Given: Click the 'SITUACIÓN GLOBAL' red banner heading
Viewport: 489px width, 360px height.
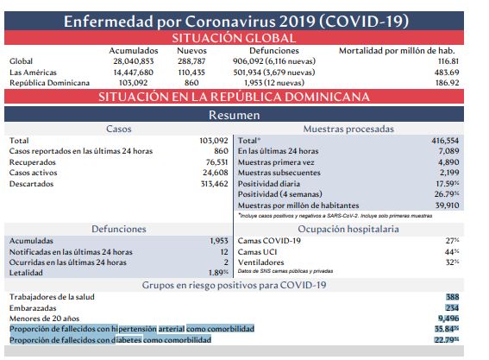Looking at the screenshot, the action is point(234,38).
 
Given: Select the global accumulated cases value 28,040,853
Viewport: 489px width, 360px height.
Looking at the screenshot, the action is point(134,61).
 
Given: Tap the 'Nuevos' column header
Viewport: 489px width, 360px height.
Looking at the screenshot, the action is point(191,51).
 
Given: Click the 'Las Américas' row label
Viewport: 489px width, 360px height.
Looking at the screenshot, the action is point(33,73).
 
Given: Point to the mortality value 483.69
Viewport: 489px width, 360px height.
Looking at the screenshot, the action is point(447,73).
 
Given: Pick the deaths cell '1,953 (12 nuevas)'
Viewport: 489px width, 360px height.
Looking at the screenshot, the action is point(274,83).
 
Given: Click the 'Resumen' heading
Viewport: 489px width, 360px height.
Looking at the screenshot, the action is point(235,115).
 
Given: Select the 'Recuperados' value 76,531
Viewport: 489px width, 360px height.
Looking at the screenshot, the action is point(216,162).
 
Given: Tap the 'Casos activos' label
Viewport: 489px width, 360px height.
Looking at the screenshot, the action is point(33,173).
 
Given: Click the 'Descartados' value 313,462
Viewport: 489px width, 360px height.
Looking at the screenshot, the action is point(215,184).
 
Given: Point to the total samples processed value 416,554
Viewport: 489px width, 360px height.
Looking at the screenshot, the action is point(445,141).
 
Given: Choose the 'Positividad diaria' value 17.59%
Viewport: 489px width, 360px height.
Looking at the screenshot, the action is point(448,184).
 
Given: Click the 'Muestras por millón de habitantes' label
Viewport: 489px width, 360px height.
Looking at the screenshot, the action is point(298,205).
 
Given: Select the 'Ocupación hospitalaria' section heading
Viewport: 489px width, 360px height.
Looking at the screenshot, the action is point(348,229).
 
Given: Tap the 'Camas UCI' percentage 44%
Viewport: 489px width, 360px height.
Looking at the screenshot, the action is point(452,252).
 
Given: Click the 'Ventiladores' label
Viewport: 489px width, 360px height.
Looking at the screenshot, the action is point(260,262).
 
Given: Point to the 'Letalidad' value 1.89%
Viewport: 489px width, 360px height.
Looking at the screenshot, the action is point(218,273).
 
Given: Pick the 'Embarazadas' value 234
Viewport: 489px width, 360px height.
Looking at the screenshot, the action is point(452,308).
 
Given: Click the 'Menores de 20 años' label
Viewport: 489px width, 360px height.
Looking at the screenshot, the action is point(44,319).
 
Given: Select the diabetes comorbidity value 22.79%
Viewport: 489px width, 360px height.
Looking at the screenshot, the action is point(447,339).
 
